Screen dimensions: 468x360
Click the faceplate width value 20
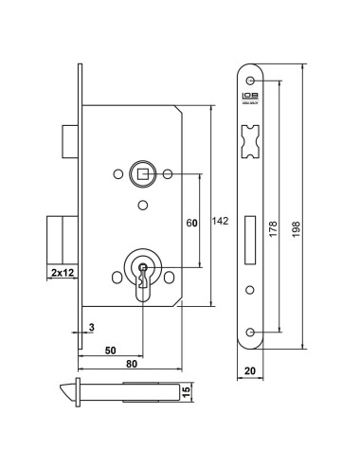pyautogui.click(x=249, y=372)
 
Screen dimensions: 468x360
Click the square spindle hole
pyautogui.click(x=142, y=174)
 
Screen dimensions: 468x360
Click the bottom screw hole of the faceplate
pyautogui.click(x=250, y=332)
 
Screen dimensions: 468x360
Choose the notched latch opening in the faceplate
pyautogui.click(x=250, y=137)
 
